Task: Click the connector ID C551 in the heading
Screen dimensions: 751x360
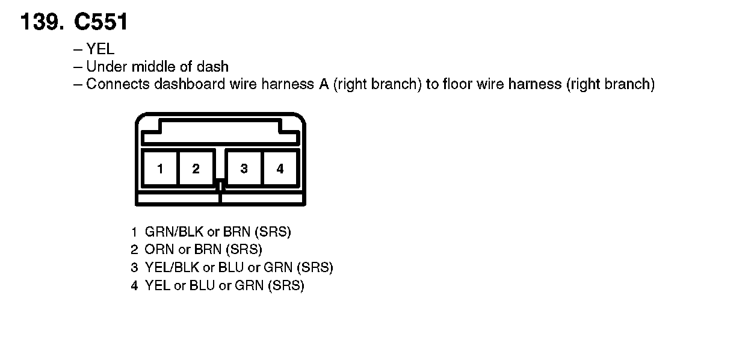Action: tap(100, 22)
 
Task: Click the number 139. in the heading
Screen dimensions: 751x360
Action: tap(42, 22)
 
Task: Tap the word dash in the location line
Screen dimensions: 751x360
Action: tap(212, 66)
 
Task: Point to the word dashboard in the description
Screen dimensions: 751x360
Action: tap(190, 84)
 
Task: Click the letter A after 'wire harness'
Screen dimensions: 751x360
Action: tap(324, 84)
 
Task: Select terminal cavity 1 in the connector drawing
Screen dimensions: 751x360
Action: tap(160, 169)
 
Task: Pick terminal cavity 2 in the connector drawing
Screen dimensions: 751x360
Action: tap(196, 169)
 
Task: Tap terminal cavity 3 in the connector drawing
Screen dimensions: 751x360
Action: tap(244, 169)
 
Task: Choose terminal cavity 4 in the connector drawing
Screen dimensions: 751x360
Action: tap(280, 169)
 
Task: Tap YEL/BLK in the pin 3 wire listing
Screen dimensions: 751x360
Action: tap(172, 267)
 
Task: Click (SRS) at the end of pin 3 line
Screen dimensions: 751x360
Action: tap(315, 267)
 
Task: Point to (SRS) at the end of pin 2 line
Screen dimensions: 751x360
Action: tap(244, 250)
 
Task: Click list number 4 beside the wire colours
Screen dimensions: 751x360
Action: tap(134, 285)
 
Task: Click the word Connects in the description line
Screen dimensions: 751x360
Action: tap(118, 84)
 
